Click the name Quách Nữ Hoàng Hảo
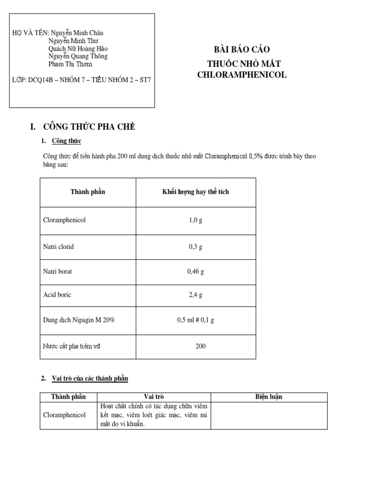click(x=78, y=48)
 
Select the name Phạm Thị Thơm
click(x=70, y=64)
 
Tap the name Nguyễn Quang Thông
click(x=78, y=56)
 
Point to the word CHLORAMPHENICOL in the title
click(x=242, y=75)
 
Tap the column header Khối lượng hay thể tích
click(x=195, y=192)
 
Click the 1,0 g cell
click(x=195, y=221)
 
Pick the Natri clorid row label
click(x=58, y=247)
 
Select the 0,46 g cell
click(x=195, y=271)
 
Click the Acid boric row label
click(x=57, y=295)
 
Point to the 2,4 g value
click(x=195, y=295)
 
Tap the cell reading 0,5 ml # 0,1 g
click(x=195, y=320)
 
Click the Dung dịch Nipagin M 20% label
click(x=79, y=320)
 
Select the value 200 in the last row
click(x=200, y=345)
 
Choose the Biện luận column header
click(x=269, y=397)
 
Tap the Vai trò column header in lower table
click(x=154, y=397)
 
